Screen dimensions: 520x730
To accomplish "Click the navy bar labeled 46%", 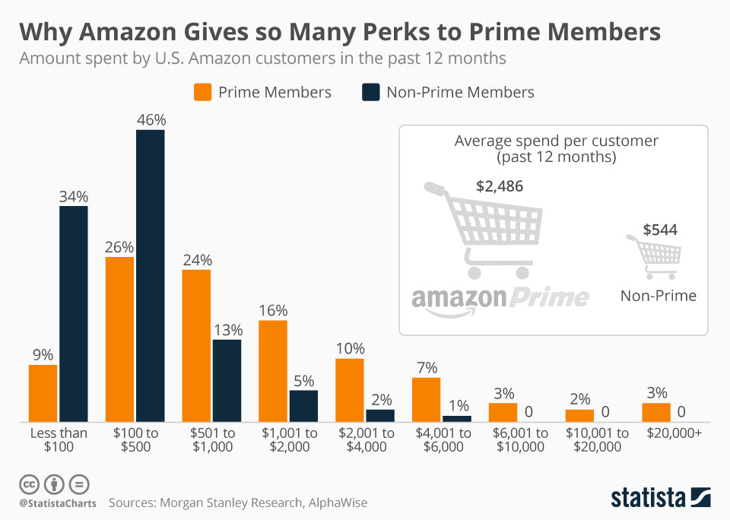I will [x=151, y=275].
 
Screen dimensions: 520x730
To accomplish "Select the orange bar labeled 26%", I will [x=119, y=339].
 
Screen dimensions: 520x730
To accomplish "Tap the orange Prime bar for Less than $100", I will [x=43, y=393].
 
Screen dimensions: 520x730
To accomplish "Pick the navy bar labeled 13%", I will [x=227, y=380].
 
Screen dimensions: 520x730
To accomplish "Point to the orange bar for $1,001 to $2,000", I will [x=273, y=371].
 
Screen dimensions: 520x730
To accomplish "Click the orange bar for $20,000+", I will [x=656, y=412].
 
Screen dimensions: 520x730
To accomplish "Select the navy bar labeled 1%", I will [x=457, y=418].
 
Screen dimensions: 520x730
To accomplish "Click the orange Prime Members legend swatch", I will [x=202, y=93].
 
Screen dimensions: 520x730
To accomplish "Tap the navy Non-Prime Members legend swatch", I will [x=370, y=93].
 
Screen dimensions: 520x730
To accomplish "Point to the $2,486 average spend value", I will [x=500, y=186].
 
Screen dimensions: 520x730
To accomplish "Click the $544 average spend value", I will [x=660, y=230].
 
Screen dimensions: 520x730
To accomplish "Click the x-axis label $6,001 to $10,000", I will [x=519, y=439].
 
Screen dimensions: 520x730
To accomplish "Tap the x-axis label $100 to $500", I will [x=135, y=439].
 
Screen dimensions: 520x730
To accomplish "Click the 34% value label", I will [x=75, y=197].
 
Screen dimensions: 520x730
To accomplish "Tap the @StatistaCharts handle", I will [x=58, y=503].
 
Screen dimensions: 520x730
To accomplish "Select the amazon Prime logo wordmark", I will [x=500, y=297].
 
